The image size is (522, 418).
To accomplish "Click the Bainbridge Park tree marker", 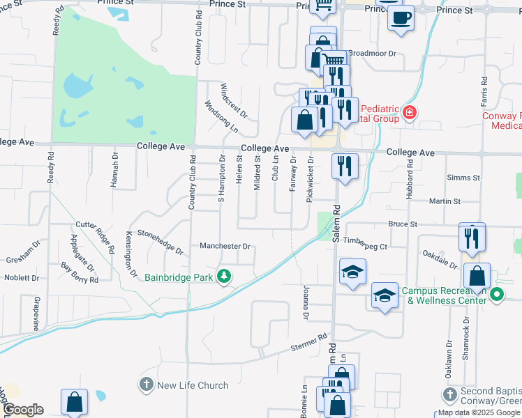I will pyautogui.click(x=224, y=277).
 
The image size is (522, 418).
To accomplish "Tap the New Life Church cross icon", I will pyautogui.click(x=146, y=385).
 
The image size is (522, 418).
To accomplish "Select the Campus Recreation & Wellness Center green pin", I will pyautogui.click(x=497, y=294).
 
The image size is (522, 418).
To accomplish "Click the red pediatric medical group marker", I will pyautogui.click(x=408, y=112).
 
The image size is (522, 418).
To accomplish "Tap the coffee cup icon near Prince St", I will pyautogui.click(x=401, y=18).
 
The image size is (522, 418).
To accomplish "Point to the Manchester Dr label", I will pyautogui.click(x=225, y=247).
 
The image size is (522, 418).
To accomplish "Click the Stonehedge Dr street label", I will pyautogui.click(x=159, y=240).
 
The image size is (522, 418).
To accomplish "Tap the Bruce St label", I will pyautogui.click(x=403, y=224).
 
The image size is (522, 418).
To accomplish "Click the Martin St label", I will pyautogui.click(x=445, y=201).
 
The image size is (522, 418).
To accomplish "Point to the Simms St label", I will pyautogui.click(x=463, y=178).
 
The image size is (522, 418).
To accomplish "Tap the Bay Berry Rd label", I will pyautogui.click(x=80, y=272).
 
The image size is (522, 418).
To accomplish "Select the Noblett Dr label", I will pyautogui.click(x=22, y=277).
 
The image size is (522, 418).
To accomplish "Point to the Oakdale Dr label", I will pyautogui.click(x=438, y=260).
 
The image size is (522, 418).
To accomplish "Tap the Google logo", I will pyautogui.click(x=22, y=410).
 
